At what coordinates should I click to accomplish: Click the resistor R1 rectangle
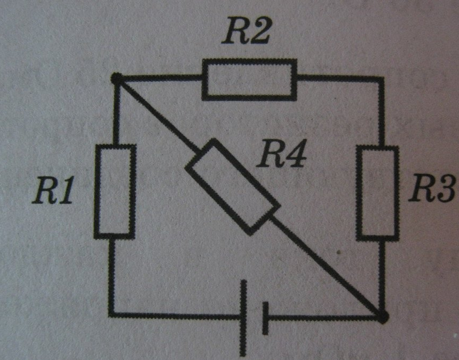coord(115,191)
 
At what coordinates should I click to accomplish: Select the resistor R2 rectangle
coord(249,80)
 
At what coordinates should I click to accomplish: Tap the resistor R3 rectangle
coord(378,193)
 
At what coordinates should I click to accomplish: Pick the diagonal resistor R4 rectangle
coord(233,186)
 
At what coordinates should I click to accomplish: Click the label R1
coord(53,190)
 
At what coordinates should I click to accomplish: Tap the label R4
coord(282,154)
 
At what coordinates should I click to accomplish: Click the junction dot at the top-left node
coord(116,78)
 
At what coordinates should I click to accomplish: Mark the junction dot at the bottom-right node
coord(383,317)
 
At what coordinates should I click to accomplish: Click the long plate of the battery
coord(243,318)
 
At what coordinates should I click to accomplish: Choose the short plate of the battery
coord(265,318)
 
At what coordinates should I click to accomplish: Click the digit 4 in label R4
coord(295,154)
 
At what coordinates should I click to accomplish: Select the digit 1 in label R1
coord(66,190)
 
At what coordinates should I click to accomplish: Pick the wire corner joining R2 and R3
coord(381,79)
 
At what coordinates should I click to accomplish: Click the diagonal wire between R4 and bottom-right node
coord(327,267)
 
